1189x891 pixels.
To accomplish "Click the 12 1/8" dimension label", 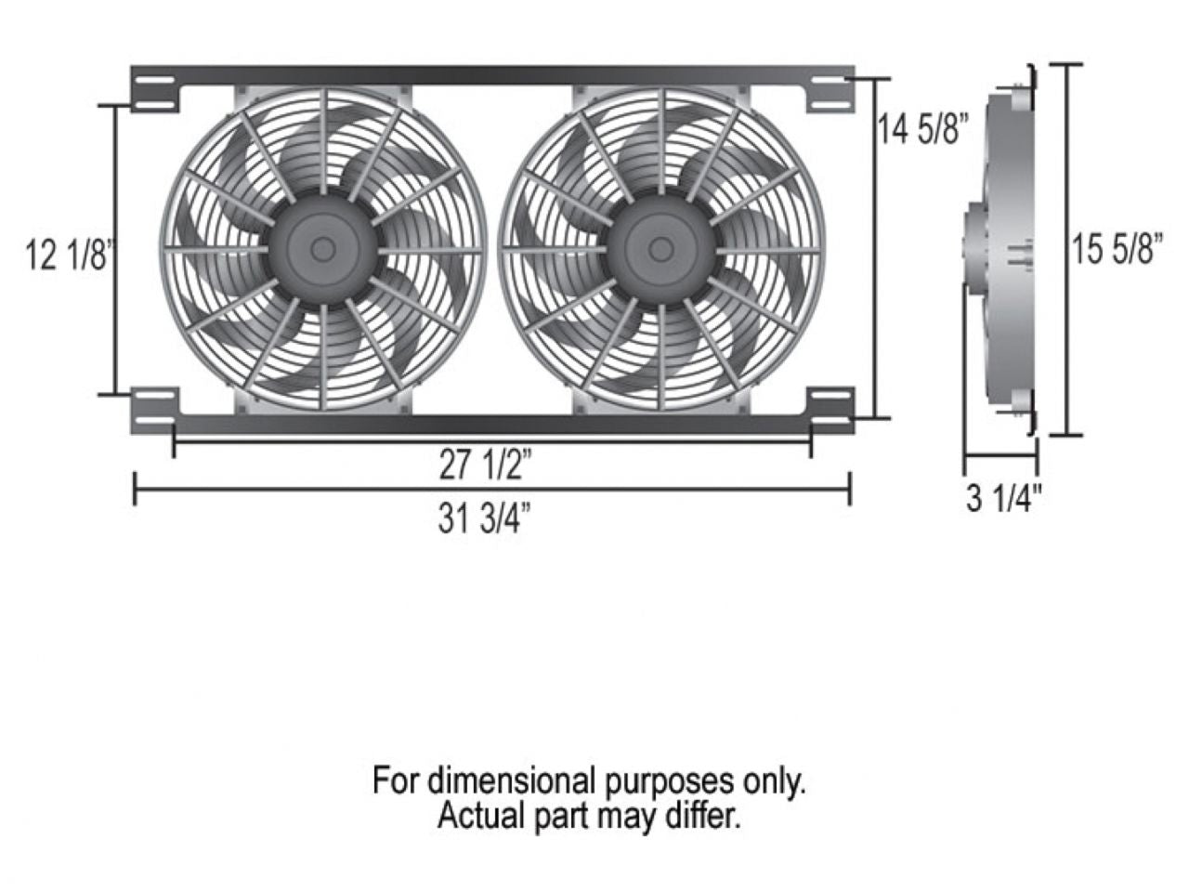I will coord(70,254).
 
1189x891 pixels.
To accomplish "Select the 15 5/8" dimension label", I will coord(1116,249).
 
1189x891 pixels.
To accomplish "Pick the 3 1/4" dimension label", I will coord(1004,499).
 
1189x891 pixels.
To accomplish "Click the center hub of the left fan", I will coord(322,248).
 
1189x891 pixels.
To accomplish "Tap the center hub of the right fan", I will coord(661,248).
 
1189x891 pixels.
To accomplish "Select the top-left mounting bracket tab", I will coord(155,91).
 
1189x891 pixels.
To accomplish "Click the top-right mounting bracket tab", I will coord(830,91).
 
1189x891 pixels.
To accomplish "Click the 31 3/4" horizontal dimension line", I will coord(279,488).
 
